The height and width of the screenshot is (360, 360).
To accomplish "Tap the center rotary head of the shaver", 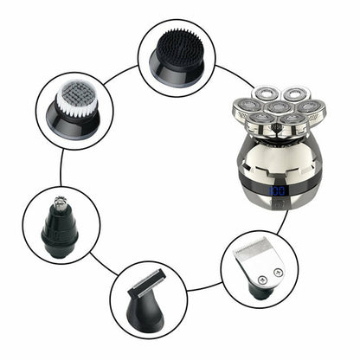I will [276, 106].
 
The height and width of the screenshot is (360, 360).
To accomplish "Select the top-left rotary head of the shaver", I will [263, 94].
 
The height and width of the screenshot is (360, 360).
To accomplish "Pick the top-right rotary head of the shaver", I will [292, 93].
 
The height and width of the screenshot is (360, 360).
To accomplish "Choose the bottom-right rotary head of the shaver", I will [292, 119].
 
